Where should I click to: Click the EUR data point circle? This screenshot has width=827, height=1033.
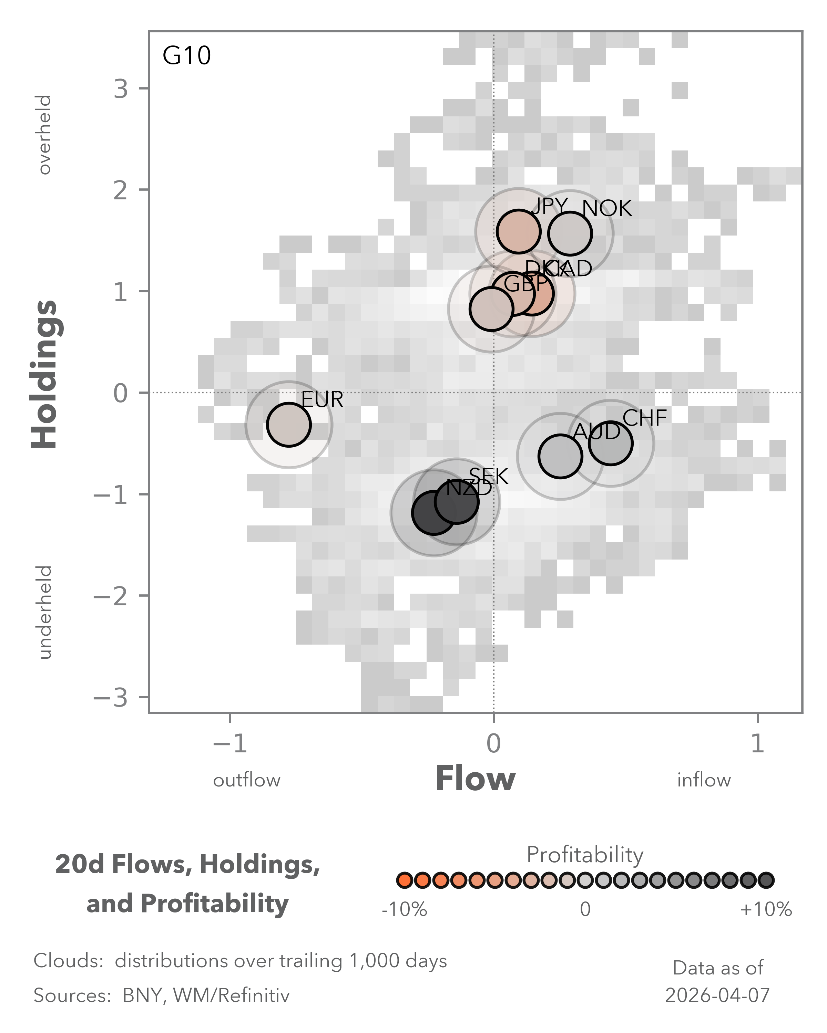click(289, 425)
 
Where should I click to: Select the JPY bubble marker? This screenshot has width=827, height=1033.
click(518, 231)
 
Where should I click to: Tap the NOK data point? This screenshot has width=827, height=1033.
click(570, 234)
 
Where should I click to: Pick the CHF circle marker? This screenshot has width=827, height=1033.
click(610, 443)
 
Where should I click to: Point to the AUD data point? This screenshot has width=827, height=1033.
click(560, 456)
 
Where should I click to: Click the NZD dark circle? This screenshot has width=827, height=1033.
click(433, 512)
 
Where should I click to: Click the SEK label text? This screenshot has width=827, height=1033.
click(489, 476)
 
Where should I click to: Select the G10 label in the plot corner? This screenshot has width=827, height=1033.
click(186, 55)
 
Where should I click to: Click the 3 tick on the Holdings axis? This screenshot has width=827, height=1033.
click(121, 88)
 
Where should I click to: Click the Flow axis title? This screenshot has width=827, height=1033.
click(475, 779)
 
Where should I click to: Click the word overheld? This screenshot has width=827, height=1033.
click(44, 135)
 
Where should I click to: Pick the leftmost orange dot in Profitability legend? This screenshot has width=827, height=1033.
click(404, 880)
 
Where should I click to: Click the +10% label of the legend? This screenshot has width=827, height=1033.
click(766, 909)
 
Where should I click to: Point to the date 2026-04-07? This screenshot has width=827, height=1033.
click(717, 995)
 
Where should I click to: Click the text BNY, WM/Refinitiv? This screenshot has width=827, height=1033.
click(206, 995)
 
